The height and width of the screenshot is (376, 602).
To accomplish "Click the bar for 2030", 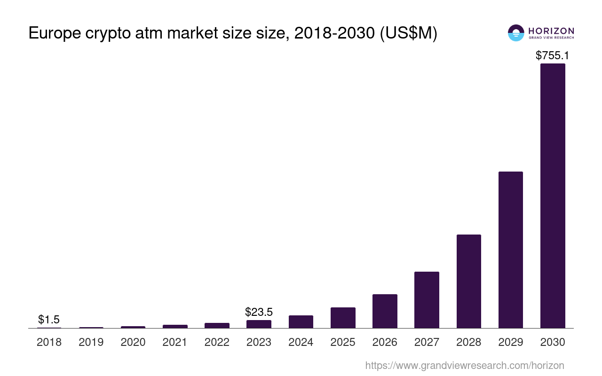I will coord(553,196).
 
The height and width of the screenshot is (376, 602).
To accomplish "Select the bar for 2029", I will coord(511,250).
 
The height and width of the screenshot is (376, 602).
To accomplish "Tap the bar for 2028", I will coord(468,281).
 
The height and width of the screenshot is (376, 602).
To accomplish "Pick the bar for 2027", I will coord(427,300).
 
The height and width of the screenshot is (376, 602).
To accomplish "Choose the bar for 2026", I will coord(385,311).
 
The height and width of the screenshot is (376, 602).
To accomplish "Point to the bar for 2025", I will coord(343,318).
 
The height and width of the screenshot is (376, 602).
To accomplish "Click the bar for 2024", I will coord(301,322).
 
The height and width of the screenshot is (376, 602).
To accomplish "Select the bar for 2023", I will coord(259,324).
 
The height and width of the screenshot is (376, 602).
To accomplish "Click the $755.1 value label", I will coord(553,55).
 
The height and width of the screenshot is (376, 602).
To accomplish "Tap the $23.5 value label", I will coord(259,312).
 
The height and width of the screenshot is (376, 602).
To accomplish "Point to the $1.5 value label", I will coord(49,320).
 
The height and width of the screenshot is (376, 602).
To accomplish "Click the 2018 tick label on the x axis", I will coord(49,342).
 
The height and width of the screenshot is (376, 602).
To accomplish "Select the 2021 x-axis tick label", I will coord(175,342).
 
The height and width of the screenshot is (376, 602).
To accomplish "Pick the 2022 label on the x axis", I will coord(217,342).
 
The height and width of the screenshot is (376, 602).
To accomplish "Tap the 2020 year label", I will coord(133,342).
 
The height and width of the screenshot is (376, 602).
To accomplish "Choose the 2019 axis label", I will coord(91,342).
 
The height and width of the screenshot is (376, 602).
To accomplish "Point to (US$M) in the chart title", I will coord(408,33).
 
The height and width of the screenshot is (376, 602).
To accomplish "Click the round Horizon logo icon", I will coord(516,33).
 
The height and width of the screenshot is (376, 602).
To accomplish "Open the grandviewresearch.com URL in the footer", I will coord(464,365).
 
